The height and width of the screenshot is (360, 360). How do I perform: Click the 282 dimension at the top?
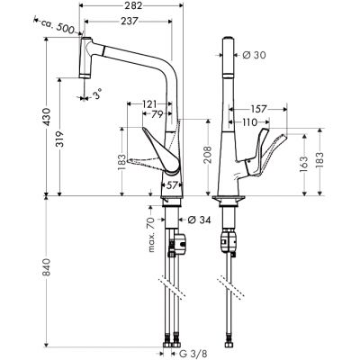(135, 6)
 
